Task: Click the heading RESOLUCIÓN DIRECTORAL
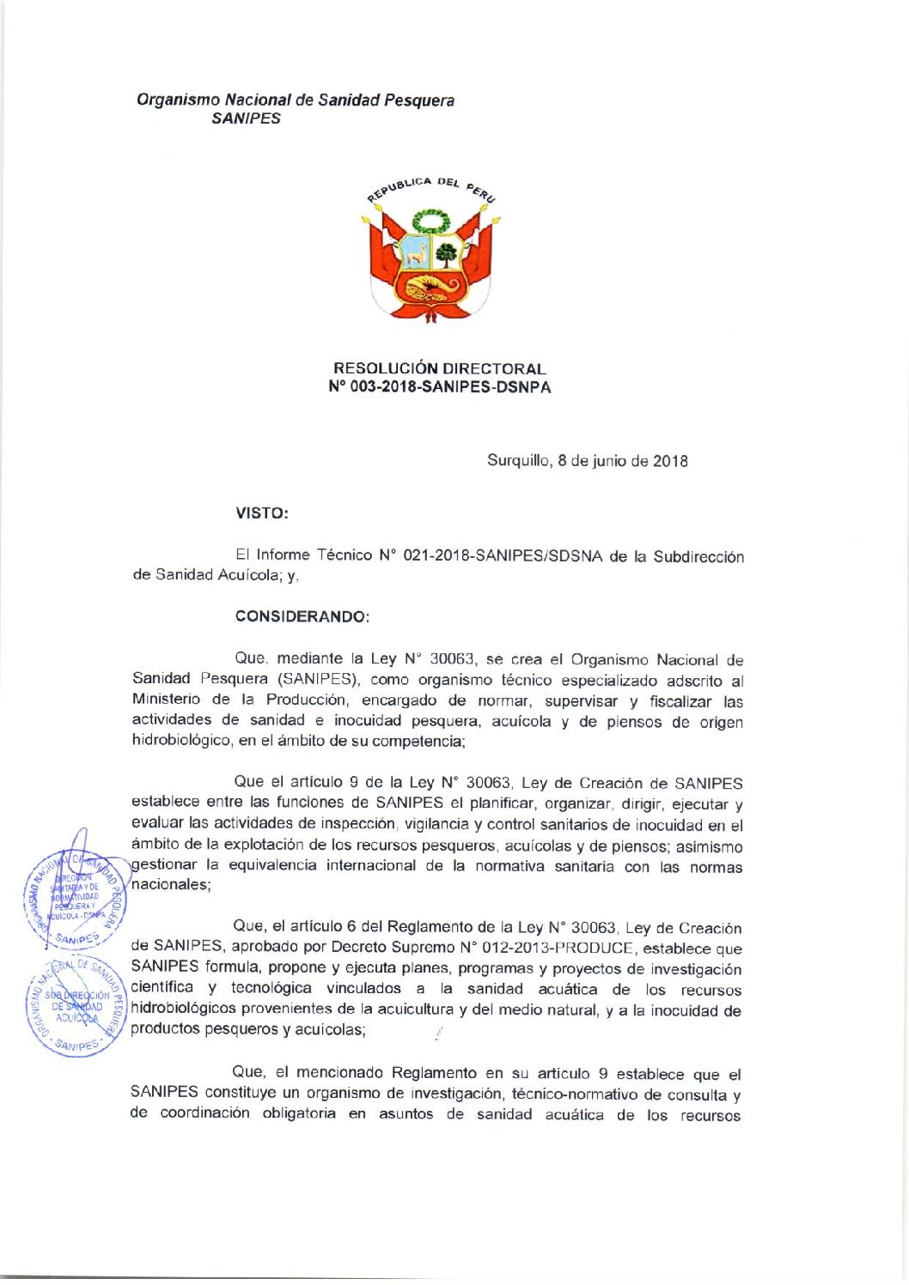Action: tap(439, 368)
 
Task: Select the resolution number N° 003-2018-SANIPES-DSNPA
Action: tap(439, 387)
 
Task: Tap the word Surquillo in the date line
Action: tap(518, 460)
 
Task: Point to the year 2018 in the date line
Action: tap(670, 461)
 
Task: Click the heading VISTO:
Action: tap(262, 513)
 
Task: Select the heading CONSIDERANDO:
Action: tap(302, 616)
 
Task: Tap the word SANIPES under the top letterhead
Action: tap(246, 118)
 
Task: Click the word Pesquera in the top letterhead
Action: tap(419, 100)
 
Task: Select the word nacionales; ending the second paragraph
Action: tap(170, 884)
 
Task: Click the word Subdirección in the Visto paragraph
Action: tap(698, 556)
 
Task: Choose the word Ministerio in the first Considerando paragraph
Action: tap(166, 700)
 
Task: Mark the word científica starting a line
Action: tap(162, 987)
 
